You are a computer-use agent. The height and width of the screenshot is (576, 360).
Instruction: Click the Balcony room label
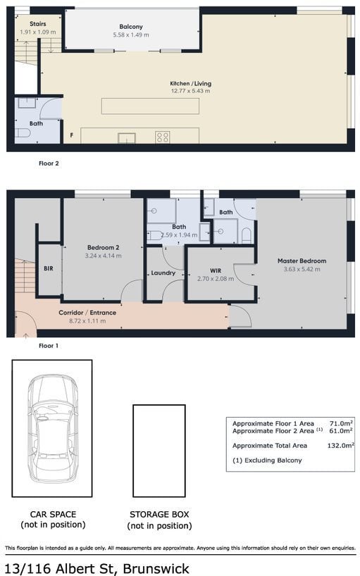[131, 27]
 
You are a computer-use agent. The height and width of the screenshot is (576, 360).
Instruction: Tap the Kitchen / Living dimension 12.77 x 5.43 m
[190, 91]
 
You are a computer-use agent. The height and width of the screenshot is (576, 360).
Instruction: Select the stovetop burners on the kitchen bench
[162, 137]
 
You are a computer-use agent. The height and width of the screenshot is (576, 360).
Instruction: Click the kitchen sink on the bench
[126, 138]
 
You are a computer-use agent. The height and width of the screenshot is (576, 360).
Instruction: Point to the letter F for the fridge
[72, 135]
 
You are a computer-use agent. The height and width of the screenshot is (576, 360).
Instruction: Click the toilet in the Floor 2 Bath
[23, 133]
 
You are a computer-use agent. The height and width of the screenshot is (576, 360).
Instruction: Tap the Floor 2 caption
[49, 163]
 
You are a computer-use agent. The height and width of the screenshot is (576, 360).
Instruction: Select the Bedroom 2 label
[104, 248]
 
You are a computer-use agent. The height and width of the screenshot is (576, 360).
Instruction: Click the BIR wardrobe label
[49, 268]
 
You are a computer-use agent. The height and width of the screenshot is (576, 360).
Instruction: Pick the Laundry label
[163, 273]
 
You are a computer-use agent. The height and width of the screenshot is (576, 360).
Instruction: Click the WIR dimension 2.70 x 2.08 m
[216, 279]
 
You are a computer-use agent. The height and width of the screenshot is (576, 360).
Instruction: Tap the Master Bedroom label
[302, 261]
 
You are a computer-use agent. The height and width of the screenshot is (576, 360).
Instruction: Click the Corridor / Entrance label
[87, 313]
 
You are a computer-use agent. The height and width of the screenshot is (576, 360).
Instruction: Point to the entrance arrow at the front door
[25, 335]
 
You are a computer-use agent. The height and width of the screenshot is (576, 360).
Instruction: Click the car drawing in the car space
[53, 428]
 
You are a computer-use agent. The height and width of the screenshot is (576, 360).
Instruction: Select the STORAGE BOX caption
[159, 514]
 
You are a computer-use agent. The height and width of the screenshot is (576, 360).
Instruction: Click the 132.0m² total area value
[340, 445]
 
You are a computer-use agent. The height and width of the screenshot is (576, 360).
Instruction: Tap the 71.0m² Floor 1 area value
[341, 423]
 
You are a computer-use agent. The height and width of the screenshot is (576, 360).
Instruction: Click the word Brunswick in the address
[156, 568]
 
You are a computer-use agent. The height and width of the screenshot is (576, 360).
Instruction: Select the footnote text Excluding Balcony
[273, 461]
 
